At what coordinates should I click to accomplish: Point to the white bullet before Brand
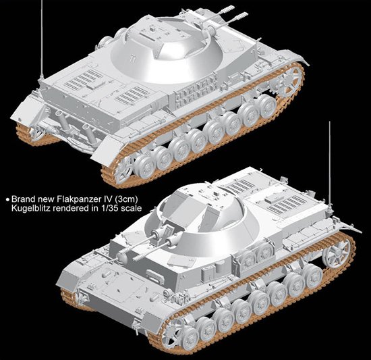8,199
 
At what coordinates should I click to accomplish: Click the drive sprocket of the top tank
289,81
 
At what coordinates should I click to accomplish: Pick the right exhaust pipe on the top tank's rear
88,132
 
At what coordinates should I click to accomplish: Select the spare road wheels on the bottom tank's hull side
256,254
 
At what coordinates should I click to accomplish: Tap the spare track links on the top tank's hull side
197,91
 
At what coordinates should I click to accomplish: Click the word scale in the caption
131,208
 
